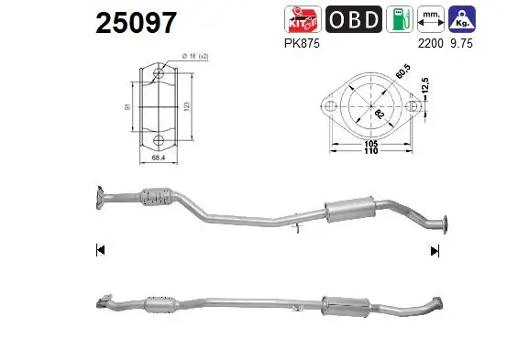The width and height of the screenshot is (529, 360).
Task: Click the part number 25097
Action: [x=136, y=23]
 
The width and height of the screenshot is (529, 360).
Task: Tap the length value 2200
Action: [x=432, y=42]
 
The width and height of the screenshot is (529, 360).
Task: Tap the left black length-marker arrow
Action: [x=100, y=248]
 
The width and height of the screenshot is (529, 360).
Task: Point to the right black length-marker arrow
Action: [x=435, y=248]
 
